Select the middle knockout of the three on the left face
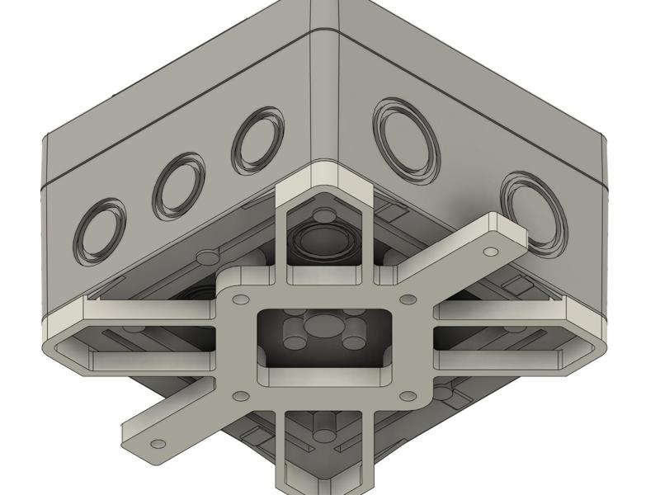click(178, 186)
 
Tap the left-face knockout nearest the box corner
click(257, 140)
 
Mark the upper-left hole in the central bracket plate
click(241, 299)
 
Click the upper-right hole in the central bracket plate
click(406, 299)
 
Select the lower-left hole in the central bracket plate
click(241, 397)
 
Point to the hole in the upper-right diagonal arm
click(491, 251)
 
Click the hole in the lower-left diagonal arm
click(158, 445)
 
